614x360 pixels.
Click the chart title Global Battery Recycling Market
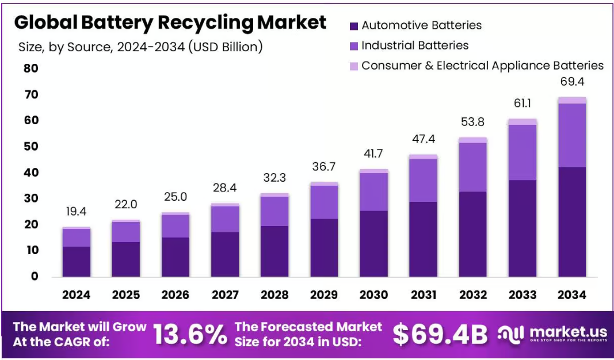pos(170,22)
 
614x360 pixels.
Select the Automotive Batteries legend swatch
pos(354,26)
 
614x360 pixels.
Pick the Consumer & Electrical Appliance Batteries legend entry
pos(482,66)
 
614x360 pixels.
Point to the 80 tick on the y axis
pos(30,68)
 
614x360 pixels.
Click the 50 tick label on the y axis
pos(30,147)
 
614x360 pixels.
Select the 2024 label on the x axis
pos(77,295)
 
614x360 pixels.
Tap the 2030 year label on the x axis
pos(373,295)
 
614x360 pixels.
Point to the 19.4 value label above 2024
pos(77,212)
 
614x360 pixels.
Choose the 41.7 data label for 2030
pos(373,154)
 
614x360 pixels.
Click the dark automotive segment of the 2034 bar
pos(571,221)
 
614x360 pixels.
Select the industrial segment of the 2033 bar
pos(522,152)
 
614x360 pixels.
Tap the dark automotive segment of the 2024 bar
pos(77,262)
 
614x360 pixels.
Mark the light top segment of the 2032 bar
pos(472,140)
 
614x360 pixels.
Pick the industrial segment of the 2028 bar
pos(274,211)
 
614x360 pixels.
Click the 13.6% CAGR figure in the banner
pos(190,334)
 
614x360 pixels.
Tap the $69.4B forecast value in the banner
pos(440,334)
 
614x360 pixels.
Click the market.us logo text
pos(567,332)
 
